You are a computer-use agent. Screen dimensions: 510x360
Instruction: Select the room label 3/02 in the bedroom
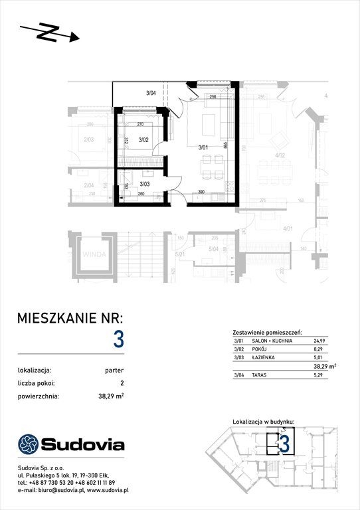(x=143, y=140)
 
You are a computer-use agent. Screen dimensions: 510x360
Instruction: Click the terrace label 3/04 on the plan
(x=151, y=94)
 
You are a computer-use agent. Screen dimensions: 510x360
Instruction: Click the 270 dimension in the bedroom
(x=140, y=124)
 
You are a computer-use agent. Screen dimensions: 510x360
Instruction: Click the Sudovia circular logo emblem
(x=29, y=444)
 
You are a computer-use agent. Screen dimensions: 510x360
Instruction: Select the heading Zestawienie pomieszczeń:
(x=268, y=330)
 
